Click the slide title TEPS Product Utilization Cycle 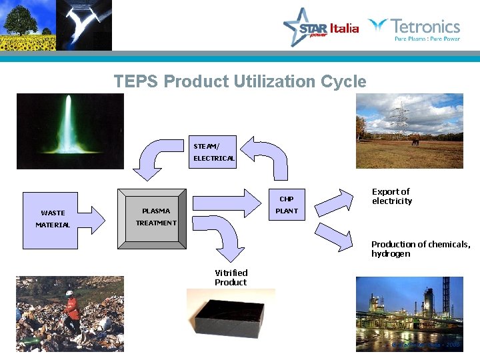pyautogui.click(x=240, y=82)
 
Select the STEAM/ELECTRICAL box pyautogui.click(x=213, y=152)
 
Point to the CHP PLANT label pyautogui.click(x=287, y=205)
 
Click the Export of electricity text pyautogui.click(x=392, y=196)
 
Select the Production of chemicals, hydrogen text pyautogui.click(x=420, y=249)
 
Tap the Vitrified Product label pyautogui.click(x=231, y=277)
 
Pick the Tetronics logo pyautogui.click(x=415, y=29)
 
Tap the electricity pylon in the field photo pyautogui.click(x=399, y=117)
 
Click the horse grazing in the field pyautogui.click(x=416, y=141)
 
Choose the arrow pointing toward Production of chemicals pyautogui.click(x=334, y=237)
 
